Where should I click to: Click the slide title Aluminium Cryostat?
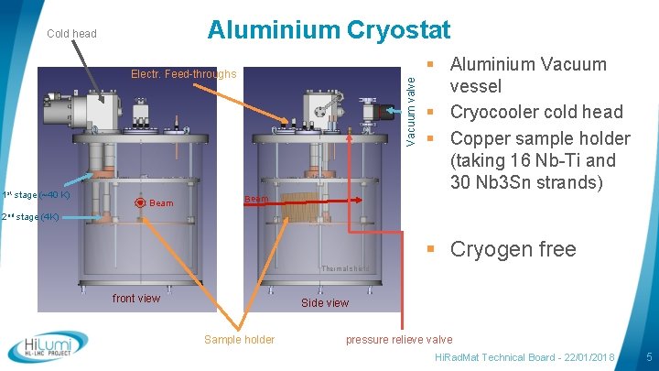[329, 30]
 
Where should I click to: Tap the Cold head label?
[71, 34]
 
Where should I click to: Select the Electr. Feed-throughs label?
[183, 74]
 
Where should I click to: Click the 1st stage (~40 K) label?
[36, 194]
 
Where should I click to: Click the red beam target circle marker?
[139, 202]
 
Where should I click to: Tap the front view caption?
[135, 298]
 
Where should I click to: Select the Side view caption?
[325, 303]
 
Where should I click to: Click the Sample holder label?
[239, 339]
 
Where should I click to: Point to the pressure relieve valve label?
[399, 339]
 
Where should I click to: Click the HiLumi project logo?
[48, 347]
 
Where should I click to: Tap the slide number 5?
[648, 355]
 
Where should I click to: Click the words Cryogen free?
[513, 249]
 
